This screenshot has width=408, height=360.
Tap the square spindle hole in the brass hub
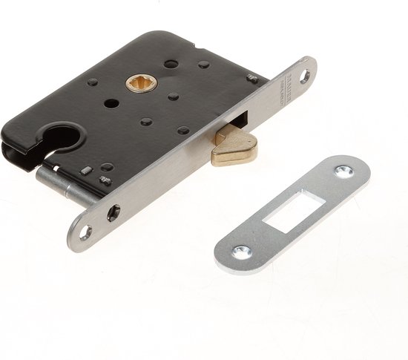point(139,85)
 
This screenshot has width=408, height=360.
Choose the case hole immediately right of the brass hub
point(173,96)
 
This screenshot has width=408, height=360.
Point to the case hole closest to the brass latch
point(182,131)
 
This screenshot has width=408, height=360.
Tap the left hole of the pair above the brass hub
point(171,65)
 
